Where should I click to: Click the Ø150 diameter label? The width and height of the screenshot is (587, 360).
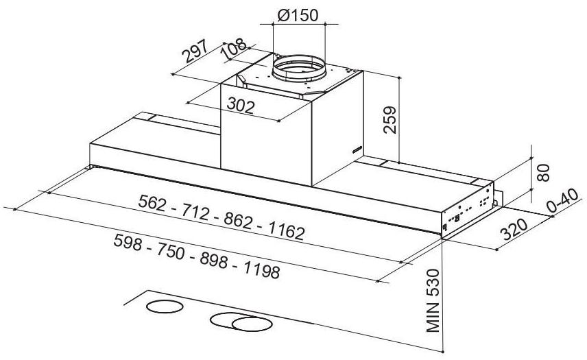tap(298, 15)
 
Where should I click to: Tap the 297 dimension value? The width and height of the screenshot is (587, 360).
tap(195, 51)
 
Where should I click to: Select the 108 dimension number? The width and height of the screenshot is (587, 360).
tap(234, 48)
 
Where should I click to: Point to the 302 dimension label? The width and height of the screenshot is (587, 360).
tap(241, 106)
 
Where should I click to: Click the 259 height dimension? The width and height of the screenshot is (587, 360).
tap(390, 120)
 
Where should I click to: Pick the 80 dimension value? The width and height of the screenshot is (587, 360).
tap(543, 173)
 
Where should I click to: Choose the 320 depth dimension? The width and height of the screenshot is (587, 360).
tap(514, 229)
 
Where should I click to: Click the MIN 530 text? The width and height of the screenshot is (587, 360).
tap(433, 300)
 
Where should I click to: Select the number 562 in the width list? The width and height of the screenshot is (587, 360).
tap(152, 203)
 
